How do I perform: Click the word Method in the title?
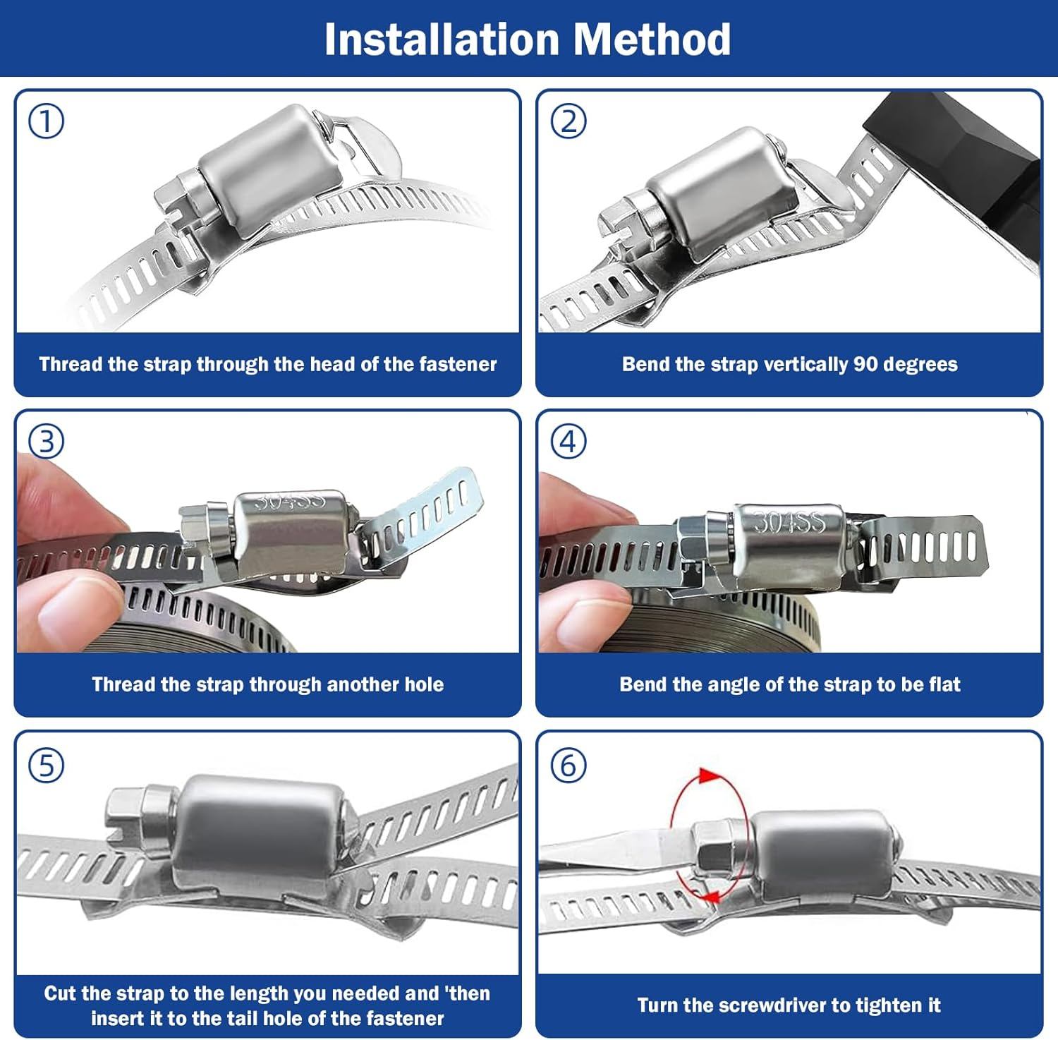coord(652,40)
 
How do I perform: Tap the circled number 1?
coord(46,121)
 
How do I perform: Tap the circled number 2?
coord(568,121)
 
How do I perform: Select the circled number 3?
coord(46,442)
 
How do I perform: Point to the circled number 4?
coord(568,442)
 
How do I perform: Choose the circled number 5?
coord(46,766)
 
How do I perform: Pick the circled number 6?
coord(568,766)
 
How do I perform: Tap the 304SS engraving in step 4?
coord(789,522)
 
